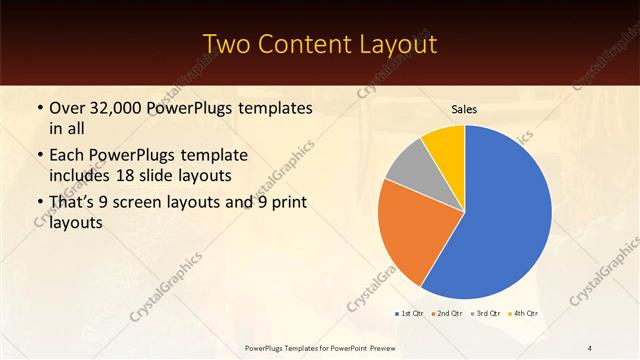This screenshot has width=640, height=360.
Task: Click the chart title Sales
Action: tap(464, 108)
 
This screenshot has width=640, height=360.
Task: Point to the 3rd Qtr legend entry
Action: tap(485, 314)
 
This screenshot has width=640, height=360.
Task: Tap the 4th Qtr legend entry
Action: tap(523, 314)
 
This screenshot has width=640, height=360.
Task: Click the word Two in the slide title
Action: tap(227, 44)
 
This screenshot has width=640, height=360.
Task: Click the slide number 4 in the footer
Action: tap(591, 347)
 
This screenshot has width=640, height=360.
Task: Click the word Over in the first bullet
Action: tap(68, 108)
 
